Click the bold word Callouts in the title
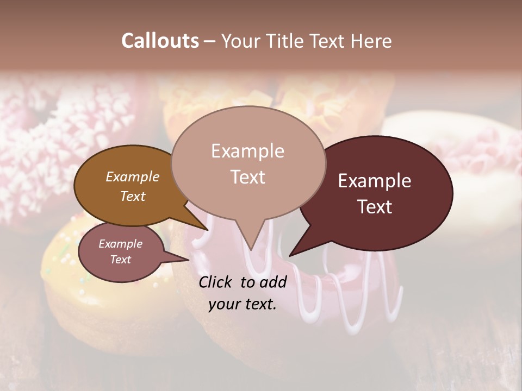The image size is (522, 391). tap(160, 41)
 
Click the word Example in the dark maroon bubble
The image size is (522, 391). tap(375, 181)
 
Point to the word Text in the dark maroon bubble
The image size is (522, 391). tap(375, 207)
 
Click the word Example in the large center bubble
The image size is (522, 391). tap(247, 151)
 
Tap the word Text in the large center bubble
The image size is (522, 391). tap(247, 177)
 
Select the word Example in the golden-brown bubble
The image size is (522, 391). tap(132, 176)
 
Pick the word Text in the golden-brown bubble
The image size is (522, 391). tap(132, 196)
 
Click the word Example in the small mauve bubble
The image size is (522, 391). tap(120, 244)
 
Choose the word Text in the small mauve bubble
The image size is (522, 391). tap(120, 260)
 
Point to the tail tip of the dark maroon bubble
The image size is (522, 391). tap(291, 254)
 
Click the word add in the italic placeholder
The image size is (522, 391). tap(272, 282)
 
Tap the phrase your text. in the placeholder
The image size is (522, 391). tap(243, 304)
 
